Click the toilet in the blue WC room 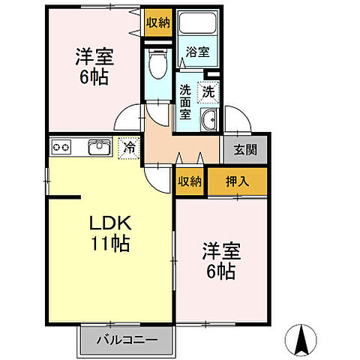click(x=158, y=65)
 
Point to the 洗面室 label click(x=185, y=103)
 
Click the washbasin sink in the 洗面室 click(x=208, y=119)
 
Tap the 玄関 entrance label click(x=242, y=148)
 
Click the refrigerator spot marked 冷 click(x=129, y=147)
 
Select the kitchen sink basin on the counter click(x=97, y=147)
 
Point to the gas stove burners click(x=60, y=147)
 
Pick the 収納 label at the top click(x=158, y=22)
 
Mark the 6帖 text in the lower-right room click(x=218, y=271)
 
